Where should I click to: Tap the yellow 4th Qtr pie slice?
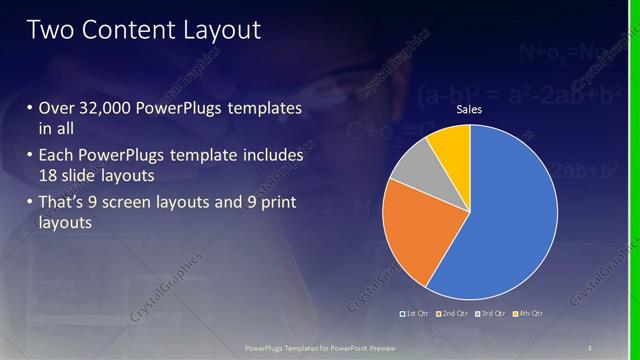click(x=451, y=148)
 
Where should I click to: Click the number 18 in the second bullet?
click(x=50, y=177)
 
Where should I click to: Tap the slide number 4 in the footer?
click(x=590, y=347)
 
